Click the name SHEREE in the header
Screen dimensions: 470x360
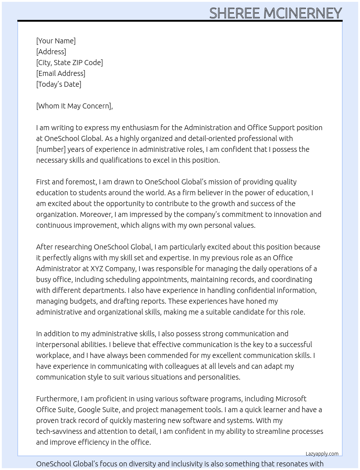(235, 13)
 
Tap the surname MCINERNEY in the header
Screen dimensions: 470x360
(303, 13)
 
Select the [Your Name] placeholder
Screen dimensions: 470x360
(56, 41)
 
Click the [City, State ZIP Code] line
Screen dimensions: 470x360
(69, 63)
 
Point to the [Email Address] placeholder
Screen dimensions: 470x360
(61, 73)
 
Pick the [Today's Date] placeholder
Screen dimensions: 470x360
(59, 84)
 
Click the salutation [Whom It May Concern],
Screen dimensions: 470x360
(74, 106)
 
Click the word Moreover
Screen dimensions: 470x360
(96, 214)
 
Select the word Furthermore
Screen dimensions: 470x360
(57, 399)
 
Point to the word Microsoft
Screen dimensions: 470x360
(291, 399)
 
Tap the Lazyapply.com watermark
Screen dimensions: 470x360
(322, 454)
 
